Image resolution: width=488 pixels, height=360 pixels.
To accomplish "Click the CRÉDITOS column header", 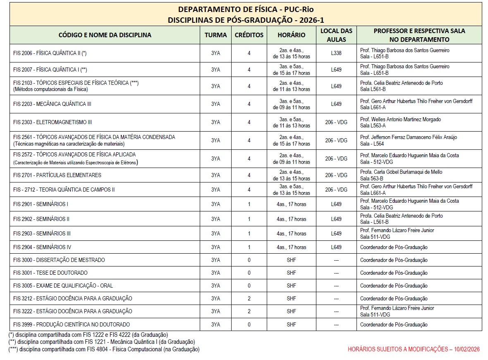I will [x=249, y=35].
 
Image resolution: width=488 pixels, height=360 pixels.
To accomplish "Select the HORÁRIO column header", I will [x=292, y=35].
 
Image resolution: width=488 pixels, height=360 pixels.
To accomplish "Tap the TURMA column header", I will [x=215, y=35].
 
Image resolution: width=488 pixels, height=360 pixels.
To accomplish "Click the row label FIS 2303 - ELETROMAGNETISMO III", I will [x=53, y=122].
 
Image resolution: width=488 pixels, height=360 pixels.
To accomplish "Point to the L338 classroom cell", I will [x=336, y=53].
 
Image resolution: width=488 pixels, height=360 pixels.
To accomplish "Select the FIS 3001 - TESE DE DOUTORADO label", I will [x=50, y=273].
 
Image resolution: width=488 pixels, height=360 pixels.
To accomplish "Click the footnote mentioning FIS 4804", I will [x=104, y=349].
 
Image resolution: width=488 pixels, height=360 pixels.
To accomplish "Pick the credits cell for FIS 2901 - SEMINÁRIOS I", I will [x=249, y=204].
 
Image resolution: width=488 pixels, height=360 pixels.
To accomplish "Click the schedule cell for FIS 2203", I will [x=292, y=104].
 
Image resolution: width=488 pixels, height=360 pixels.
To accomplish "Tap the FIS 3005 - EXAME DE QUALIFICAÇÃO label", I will [x=63, y=286].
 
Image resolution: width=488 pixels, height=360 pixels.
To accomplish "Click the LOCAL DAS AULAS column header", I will [x=336, y=35].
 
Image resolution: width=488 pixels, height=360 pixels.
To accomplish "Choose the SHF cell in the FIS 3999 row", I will [x=292, y=324].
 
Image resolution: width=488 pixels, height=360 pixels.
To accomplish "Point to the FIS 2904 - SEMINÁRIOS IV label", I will [x=42, y=247].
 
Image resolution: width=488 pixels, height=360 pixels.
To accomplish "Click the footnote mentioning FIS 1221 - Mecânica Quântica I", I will [x=101, y=342].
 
